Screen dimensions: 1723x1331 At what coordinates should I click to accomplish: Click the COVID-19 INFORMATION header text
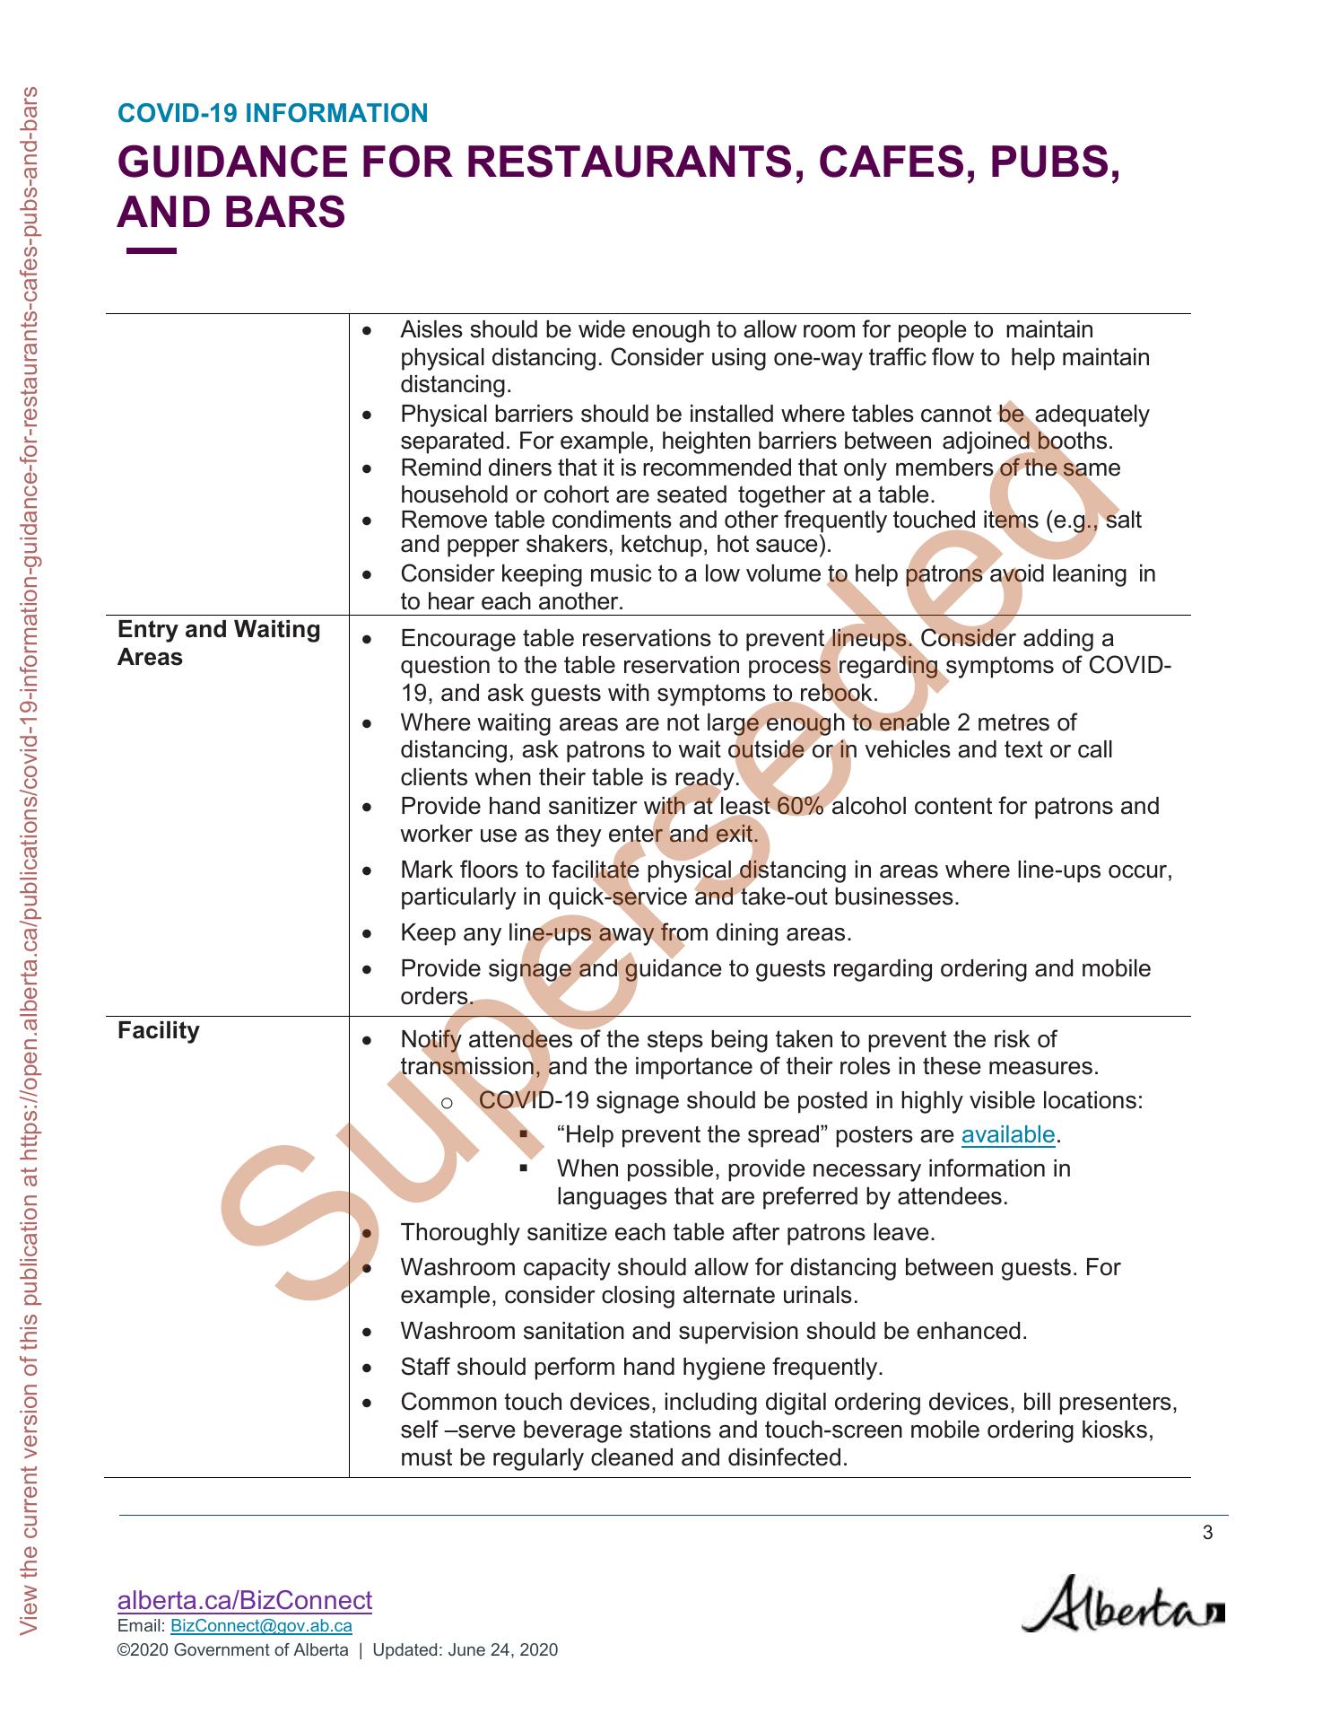[x=273, y=114]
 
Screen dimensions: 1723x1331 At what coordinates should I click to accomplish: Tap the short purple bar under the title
[x=152, y=251]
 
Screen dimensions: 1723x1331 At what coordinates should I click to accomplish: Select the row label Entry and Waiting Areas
[x=219, y=643]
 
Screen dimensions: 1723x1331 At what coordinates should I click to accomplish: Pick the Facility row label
[x=159, y=1031]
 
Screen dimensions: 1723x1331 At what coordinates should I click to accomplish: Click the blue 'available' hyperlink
[x=1008, y=1134]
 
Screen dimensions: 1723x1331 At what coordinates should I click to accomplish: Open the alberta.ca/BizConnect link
[x=245, y=1600]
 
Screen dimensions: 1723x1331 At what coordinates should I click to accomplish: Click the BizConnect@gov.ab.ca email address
[x=261, y=1626]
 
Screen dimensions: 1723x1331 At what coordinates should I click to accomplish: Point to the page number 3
[x=1207, y=1532]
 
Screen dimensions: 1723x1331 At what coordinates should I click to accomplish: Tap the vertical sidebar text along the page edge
[x=30, y=861]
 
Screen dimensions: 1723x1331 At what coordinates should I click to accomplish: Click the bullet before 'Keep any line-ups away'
[x=366, y=934]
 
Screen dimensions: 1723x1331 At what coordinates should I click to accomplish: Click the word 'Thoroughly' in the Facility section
[x=459, y=1232]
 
